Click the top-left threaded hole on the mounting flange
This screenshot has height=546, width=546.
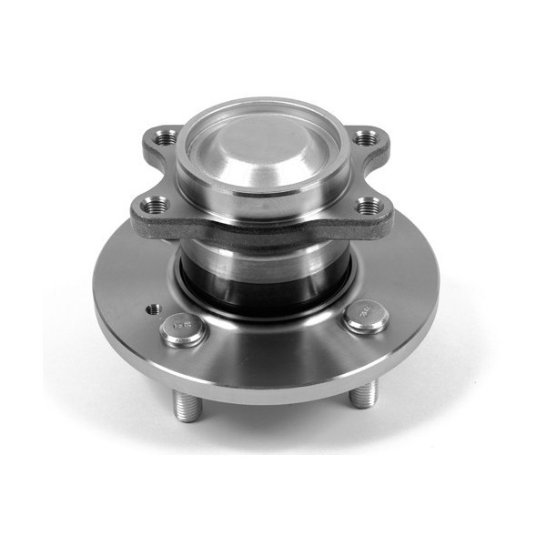(166, 139)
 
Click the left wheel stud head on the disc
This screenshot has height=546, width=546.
(183, 329)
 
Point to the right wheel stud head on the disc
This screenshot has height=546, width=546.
(367, 316)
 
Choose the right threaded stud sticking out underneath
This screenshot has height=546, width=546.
(364, 393)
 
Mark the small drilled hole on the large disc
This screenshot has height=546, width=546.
(151, 308)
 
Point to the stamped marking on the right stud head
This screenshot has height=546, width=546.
(366, 312)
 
